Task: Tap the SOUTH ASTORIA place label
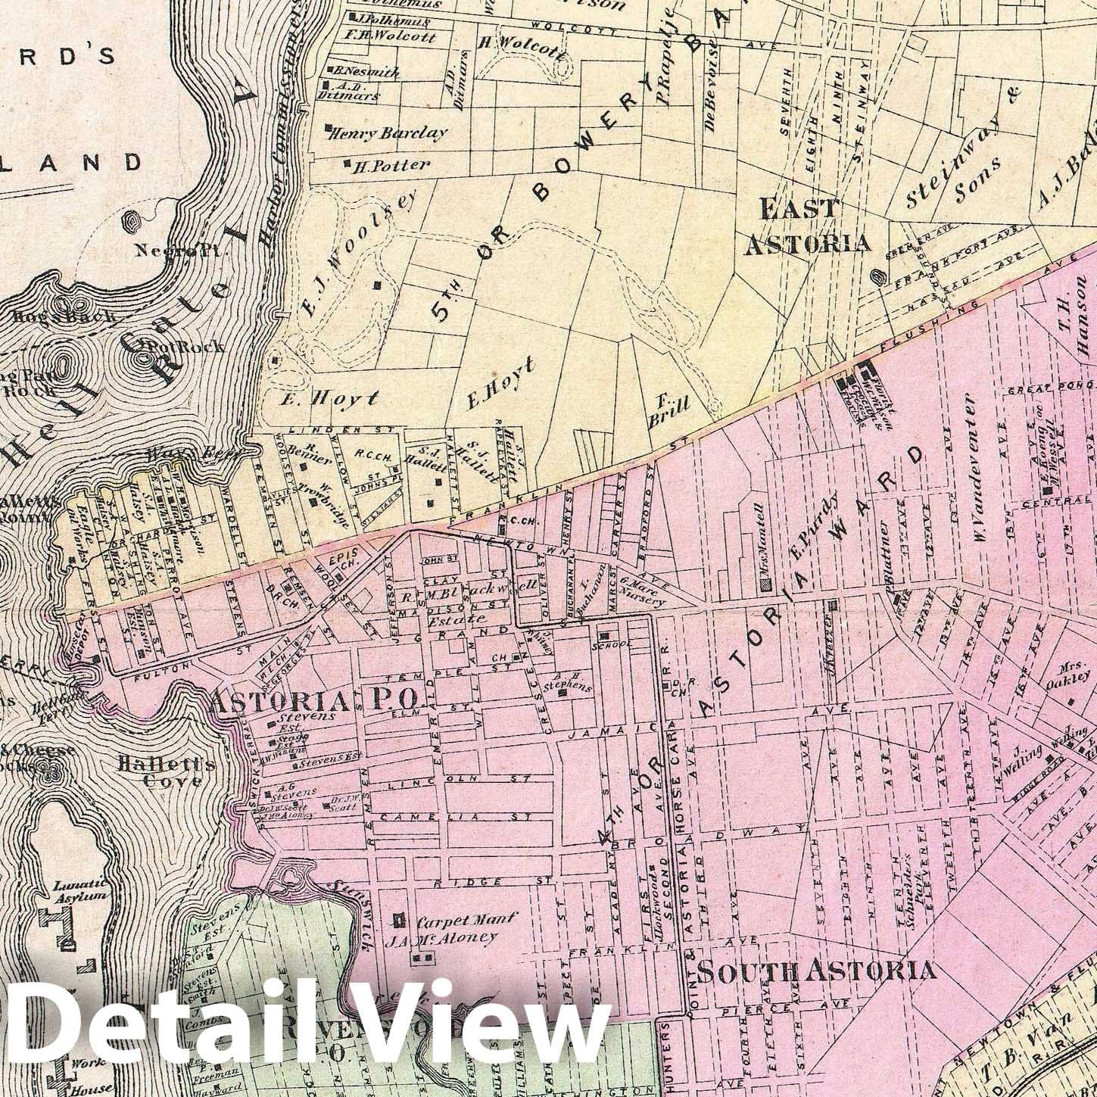coord(815,971)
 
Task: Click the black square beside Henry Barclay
coord(329,128)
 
